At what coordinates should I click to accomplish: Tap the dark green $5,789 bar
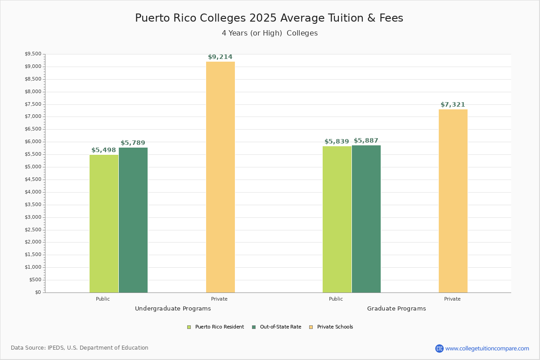(x=133, y=220)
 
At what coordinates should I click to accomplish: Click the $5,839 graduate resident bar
(x=337, y=219)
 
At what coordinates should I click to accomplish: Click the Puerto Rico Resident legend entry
(x=216, y=327)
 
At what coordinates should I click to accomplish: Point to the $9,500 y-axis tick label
(x=33, y=54)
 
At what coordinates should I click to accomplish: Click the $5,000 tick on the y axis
(x=33, y=167)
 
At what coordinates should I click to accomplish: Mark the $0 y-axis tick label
(x=37, y=292)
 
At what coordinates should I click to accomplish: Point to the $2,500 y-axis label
(x=33, y=229)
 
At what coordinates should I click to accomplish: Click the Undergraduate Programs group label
(x=173, y=309)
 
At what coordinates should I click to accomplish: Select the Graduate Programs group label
(x=396, y=309)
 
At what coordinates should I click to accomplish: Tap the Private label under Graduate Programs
(x=452, y=299)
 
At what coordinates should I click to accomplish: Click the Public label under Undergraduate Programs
(x=103, y=299)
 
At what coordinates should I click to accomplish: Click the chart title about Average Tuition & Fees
(x=269, y=18)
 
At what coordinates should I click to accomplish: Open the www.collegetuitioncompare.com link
(x=487, y=348)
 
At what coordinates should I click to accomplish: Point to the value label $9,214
(x=220, y=57)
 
